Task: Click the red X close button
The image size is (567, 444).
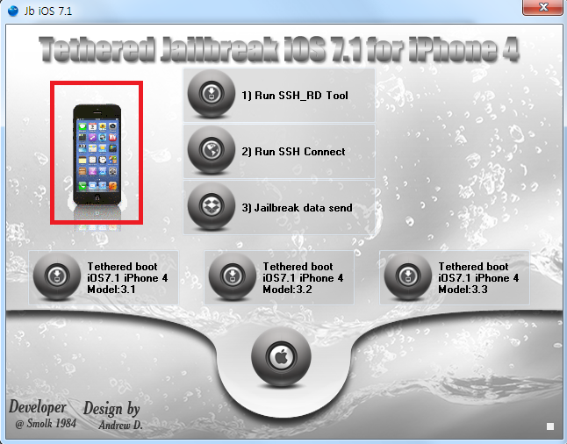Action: [x=543, y=7]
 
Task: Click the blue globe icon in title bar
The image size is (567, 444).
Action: [x=13, y=11]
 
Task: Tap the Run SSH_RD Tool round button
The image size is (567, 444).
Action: [x=212, y=94]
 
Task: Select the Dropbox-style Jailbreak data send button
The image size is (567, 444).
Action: [x=212, y=206]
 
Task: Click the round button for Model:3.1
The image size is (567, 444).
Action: [x=57, y=276]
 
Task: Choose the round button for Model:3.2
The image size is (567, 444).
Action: [x=233, y=276]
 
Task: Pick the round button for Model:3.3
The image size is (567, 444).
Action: [x=408, y=276]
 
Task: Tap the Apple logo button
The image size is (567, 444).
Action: [x=281, y=357]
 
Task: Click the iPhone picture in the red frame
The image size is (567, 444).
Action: [x=97, y=155]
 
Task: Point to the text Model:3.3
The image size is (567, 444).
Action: [x=463, y=290]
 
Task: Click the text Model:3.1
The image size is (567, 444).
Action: [x=111, y=290]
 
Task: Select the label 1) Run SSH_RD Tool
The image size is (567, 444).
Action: [x=295, y=96]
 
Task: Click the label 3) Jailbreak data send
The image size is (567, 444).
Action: [x=297, y=208]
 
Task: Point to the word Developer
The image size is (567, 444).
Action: [x=38, y=407]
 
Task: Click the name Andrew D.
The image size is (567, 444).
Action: [x=121, y=426]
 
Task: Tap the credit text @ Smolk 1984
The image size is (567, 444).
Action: [x=46, y=424]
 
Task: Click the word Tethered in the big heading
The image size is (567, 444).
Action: [x=97, y=49]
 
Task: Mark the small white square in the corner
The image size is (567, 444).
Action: [x=550, y=426]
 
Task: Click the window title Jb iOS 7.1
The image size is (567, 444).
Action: [x=48, y=11]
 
